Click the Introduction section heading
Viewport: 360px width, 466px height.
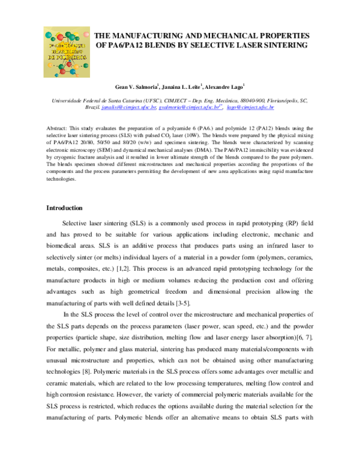[x=65, y=208]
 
